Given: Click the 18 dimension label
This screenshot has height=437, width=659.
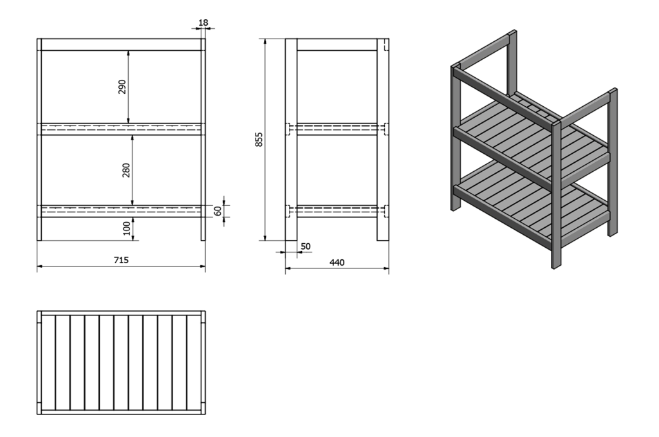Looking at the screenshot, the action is (x=203, y=23).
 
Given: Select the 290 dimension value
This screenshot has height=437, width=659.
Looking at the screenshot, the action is (x=122, y=86).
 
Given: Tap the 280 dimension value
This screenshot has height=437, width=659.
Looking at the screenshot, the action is (x=126, y=170).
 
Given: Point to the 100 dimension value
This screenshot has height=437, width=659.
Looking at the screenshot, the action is (x=127, y=228).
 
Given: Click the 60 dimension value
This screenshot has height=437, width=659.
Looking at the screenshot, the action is (x=218, y=211).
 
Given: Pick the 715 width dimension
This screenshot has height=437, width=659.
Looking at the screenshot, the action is (x=121, y=260).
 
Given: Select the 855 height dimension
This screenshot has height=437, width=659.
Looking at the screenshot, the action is (x=259, y=140).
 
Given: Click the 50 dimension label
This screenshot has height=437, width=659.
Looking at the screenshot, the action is (x=306, y=246).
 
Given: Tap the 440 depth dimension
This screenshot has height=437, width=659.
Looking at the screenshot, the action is (x=337, y=263).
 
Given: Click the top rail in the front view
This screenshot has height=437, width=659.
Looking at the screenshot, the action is (x=121, y=44).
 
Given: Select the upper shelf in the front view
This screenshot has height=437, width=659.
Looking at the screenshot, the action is (x=121, y=129).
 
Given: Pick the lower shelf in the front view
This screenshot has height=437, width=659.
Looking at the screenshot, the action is (x=121, y=211).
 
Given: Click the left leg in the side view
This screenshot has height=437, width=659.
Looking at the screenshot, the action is (x=292, y=140).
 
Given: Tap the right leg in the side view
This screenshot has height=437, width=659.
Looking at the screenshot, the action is (x=383, y=140).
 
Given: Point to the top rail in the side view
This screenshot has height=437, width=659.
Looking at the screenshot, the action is (x=337, y=44).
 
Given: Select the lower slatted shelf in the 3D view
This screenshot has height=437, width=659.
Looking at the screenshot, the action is (x=532, y=201).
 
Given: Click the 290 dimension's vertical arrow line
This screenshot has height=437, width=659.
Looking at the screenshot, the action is (x=128, y=87).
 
